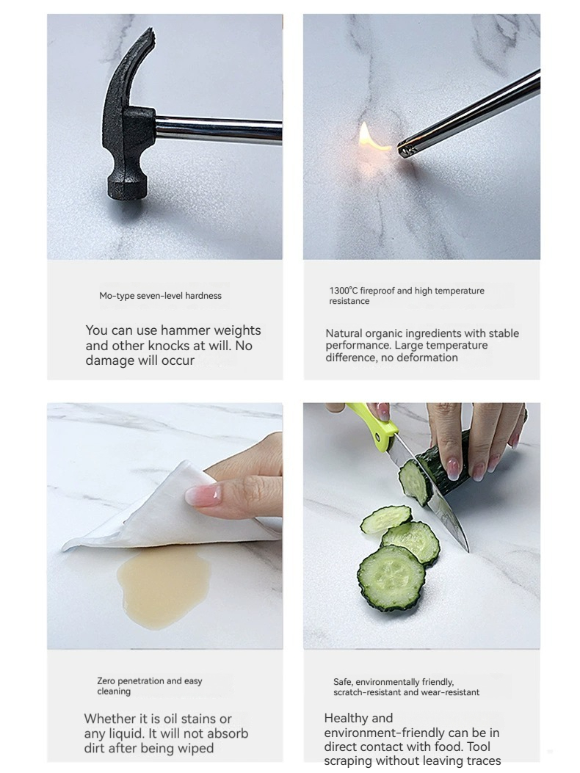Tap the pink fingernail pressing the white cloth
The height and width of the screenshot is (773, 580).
pyautogui.click(x=203, y=493)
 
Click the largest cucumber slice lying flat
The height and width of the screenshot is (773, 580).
pyautogui.click(x=391, y=578)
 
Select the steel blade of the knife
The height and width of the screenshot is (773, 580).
pyautogui.click(x=432, y=497)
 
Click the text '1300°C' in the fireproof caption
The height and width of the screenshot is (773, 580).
pyautogui.click(x=344, y=291)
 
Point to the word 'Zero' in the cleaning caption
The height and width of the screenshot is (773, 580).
pyautogui.click(x=106, y=681)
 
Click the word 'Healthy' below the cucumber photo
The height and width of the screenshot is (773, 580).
pyautogui.click(x=345, y=718)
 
